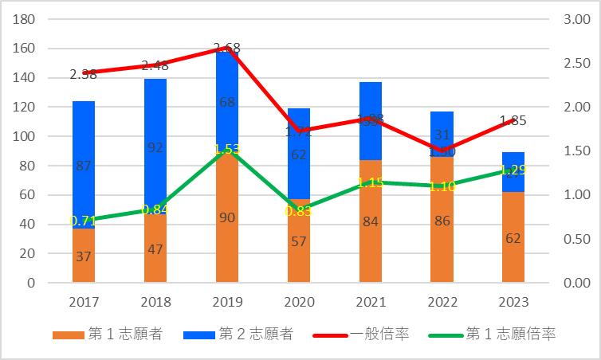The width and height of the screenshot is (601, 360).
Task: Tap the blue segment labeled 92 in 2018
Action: (155, 147)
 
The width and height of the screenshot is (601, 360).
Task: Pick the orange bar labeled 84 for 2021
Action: (371, 221)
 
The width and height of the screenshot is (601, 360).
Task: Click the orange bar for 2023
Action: (513, 237)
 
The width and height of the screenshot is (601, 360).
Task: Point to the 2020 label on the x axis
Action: (299, 303)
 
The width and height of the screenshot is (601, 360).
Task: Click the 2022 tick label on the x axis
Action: (442, 303)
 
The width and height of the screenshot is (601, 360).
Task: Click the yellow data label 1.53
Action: (227, 150)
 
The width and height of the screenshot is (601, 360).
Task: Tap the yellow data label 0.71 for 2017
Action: (84, 221)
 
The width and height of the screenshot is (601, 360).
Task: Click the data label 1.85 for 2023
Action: (513, 121)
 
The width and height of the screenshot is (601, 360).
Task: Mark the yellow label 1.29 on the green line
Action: (513, 170)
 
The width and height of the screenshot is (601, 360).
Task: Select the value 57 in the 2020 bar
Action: (299, 241)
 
